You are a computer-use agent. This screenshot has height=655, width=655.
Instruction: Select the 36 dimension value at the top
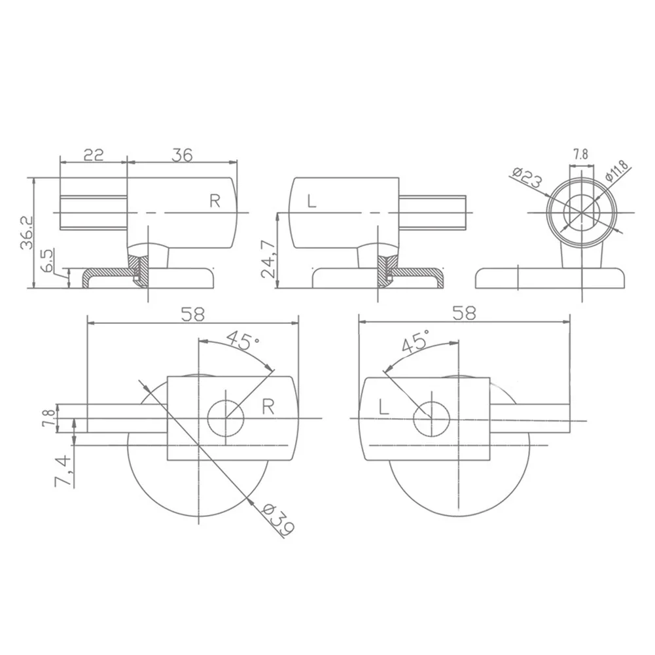(182, 155)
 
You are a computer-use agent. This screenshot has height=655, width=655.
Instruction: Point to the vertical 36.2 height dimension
(26, 232)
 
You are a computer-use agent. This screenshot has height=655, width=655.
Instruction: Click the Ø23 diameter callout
(527, 177)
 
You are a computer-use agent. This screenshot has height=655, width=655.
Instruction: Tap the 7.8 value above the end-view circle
(580, 154)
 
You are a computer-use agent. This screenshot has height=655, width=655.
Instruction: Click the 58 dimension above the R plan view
(193, 314)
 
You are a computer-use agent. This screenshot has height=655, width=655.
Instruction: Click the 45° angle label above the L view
(415, 342)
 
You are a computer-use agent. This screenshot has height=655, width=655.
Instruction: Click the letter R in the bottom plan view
(267, 408)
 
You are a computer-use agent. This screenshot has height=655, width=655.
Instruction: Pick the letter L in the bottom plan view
(384, 408)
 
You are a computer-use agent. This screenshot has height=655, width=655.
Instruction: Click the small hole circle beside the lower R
(226, 417)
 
